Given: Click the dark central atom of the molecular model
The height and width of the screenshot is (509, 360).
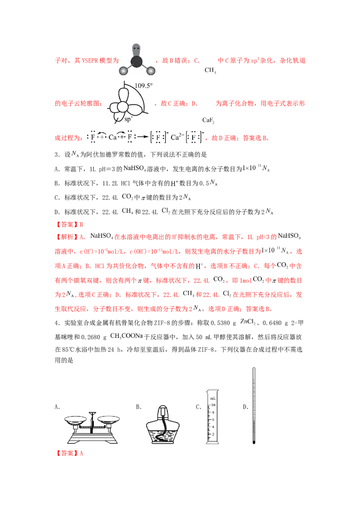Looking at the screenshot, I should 138,62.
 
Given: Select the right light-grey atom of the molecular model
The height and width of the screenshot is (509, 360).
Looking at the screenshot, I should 152,71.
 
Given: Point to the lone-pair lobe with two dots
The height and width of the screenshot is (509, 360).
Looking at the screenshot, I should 136,49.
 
